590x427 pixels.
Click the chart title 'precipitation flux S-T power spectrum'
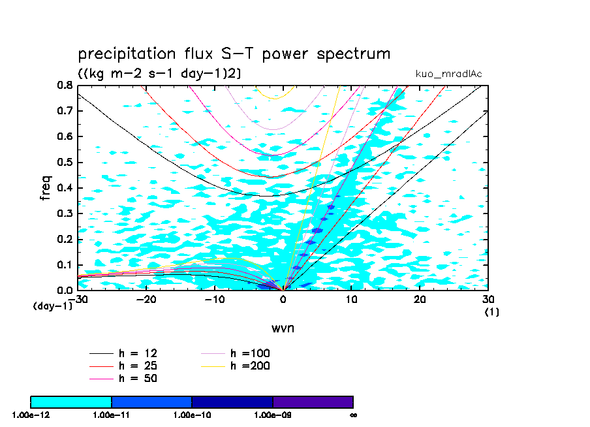coord(234,54)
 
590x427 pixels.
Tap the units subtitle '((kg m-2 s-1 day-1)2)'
coord(159,74)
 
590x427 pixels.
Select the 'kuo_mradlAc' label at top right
coord(448,74)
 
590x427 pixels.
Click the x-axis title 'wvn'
coord(283,328)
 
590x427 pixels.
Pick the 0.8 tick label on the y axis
coord(65,85)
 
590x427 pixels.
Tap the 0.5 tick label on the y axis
coord(65,162)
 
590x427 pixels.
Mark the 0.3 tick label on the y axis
coord(65,214)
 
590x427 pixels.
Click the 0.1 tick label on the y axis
coord(65,264)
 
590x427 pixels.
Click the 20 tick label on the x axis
coord(420,299)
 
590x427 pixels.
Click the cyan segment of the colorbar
coord(71,402)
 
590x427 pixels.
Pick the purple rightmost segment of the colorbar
coord(313,402)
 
